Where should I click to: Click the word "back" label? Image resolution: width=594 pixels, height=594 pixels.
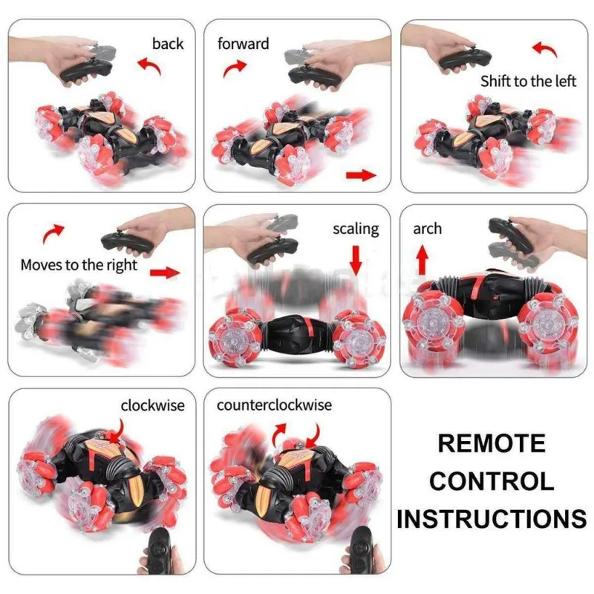(168, 43)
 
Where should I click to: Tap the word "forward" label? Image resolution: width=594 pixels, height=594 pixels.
(243, 43)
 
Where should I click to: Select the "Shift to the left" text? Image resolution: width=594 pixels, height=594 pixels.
(528, 81)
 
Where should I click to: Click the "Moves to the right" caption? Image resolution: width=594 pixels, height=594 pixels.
(79, 264)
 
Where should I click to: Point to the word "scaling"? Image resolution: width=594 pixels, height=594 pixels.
(356, 228)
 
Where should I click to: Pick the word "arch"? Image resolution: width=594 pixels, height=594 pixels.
(427, 228)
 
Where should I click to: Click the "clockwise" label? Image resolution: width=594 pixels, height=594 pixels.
(152, 405)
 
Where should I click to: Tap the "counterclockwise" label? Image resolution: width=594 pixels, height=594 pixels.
(274, 405)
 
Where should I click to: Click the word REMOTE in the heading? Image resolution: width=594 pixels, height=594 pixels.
(491, 443)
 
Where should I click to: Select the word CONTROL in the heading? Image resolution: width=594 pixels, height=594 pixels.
(492, 480)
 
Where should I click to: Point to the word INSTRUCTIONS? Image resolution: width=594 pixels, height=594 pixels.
(492, 518)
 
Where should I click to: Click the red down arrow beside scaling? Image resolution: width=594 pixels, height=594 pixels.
(356, 260)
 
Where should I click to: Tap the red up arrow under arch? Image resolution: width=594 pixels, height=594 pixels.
(422, 260)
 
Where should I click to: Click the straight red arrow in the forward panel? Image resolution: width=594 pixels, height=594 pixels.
(361, 175)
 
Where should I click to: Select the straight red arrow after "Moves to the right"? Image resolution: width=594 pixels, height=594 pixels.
(166, 272)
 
